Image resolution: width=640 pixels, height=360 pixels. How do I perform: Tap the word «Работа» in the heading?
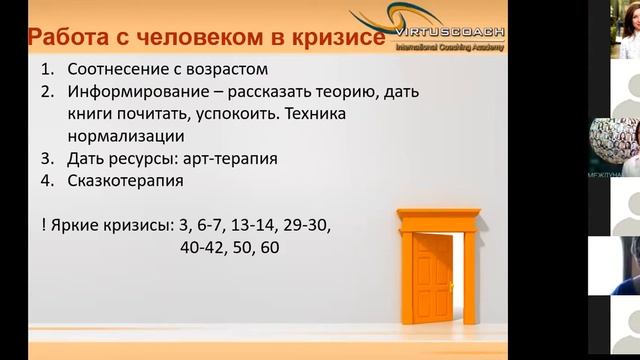(66, 39)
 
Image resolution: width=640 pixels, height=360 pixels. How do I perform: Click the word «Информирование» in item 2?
(132, 92)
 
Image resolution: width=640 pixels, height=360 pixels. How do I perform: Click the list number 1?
(47, 70)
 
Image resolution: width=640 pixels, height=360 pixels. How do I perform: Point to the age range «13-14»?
(253, 223)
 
